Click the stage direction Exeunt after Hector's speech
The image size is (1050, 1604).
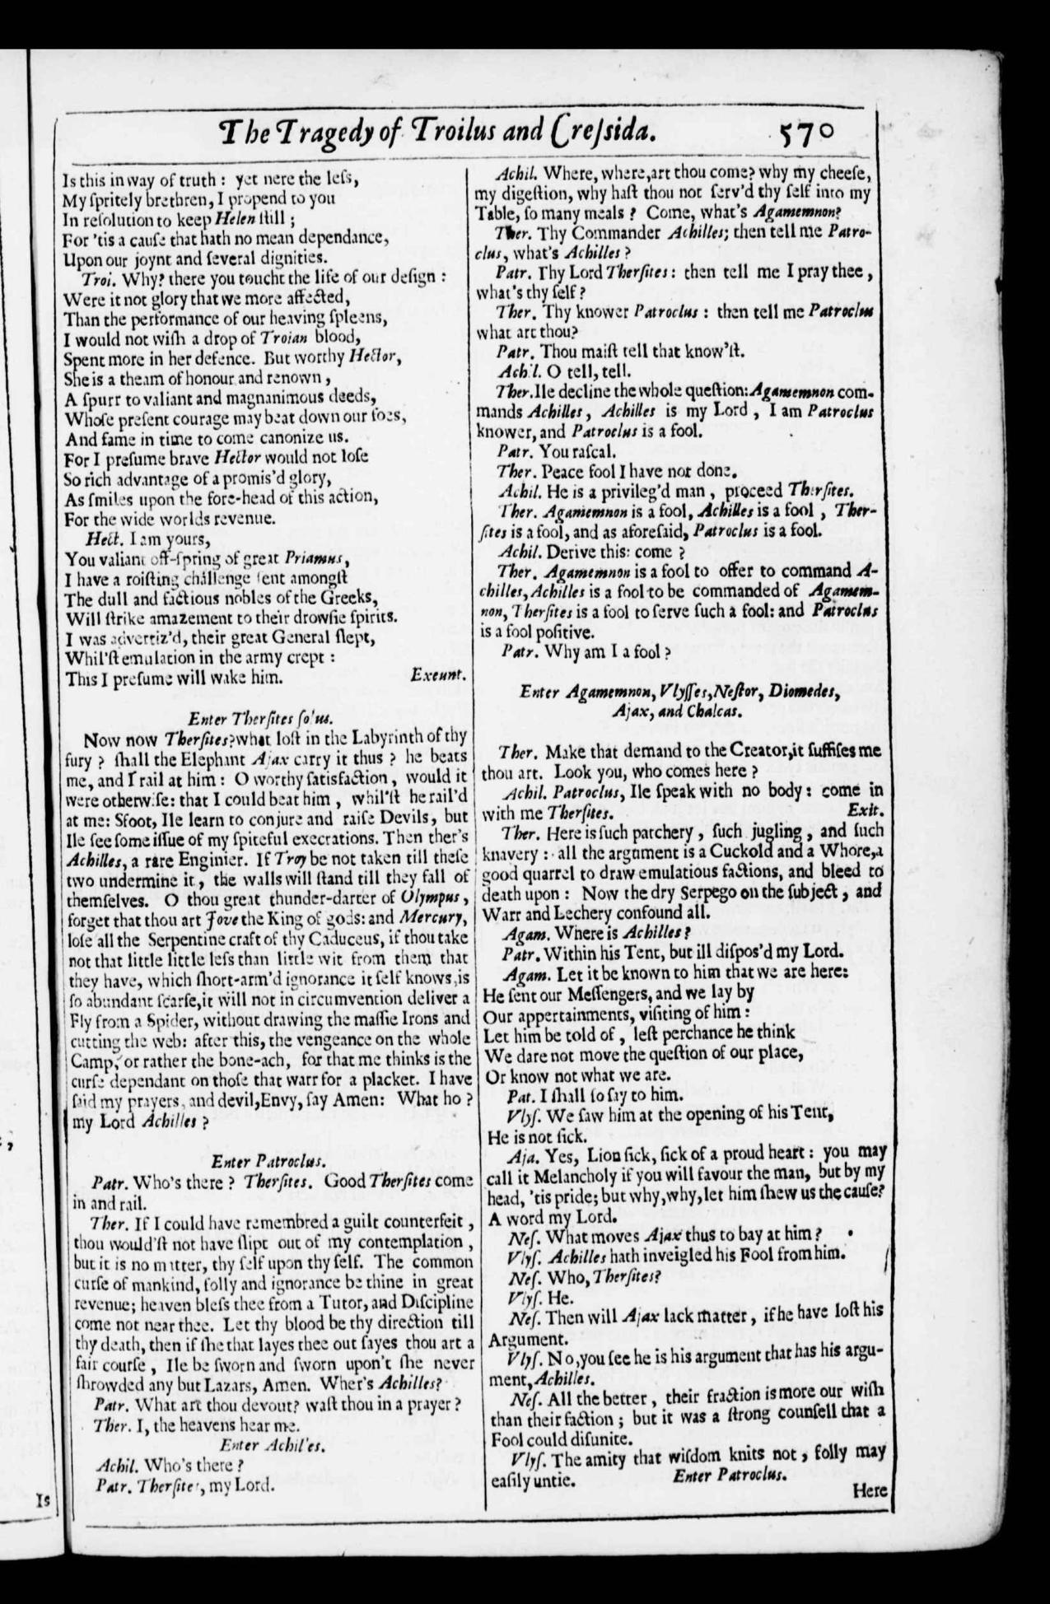click(x=438, y=674)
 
